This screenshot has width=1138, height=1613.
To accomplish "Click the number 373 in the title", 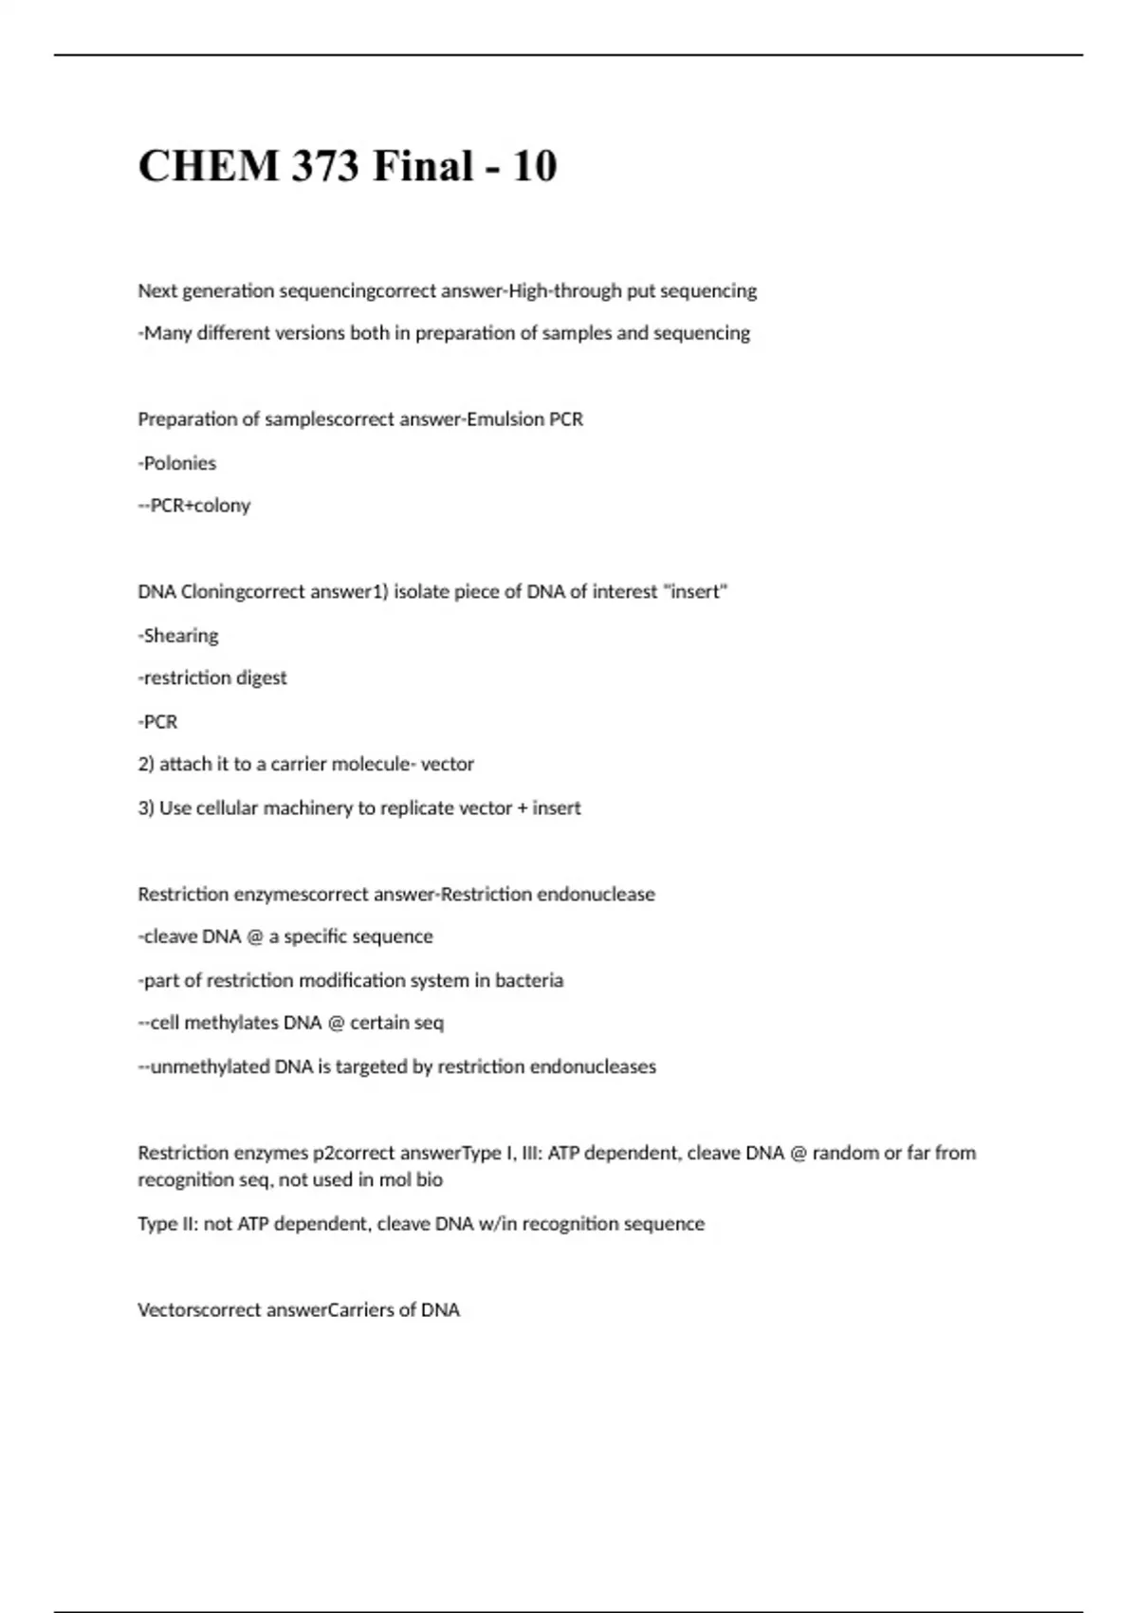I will pos(324,166).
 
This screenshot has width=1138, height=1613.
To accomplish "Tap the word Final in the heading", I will pos(423,166).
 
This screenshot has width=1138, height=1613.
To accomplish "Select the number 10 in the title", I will pos(535,166).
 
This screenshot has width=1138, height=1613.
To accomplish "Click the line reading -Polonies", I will pos(177,463).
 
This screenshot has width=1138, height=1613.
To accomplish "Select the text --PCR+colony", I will pos(194,506).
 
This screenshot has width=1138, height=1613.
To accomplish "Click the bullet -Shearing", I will pos(178,636).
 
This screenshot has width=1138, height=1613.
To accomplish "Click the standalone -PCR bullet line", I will pos(158,722).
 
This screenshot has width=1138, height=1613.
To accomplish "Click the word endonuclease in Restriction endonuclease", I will pos(596,895).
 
